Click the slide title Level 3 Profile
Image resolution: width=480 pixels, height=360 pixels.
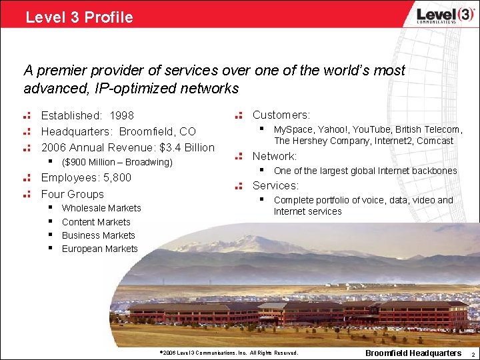[x=79, y=17]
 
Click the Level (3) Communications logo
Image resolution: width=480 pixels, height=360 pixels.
[x=436, y=16]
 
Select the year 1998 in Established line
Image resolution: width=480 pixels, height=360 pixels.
[x=122, y=116]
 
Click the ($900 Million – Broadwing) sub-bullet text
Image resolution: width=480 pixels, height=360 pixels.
[x=117, y=163]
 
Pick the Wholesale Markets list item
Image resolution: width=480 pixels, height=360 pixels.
[x=101, y=208]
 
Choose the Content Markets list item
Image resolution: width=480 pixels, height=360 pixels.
[x=96, y=222]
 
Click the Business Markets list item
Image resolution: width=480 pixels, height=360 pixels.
[x=98, y=235]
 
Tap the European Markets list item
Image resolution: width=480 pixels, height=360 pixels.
[x=99, y=249]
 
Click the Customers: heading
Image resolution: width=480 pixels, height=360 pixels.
[x=281, y=115]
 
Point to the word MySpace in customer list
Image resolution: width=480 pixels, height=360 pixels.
[x=291, y=129]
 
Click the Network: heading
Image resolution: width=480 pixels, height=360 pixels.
[x=274, y=156]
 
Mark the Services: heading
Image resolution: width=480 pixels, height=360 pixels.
[x=275, y=185]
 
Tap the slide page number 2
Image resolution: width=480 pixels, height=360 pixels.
[x=473, y=353]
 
